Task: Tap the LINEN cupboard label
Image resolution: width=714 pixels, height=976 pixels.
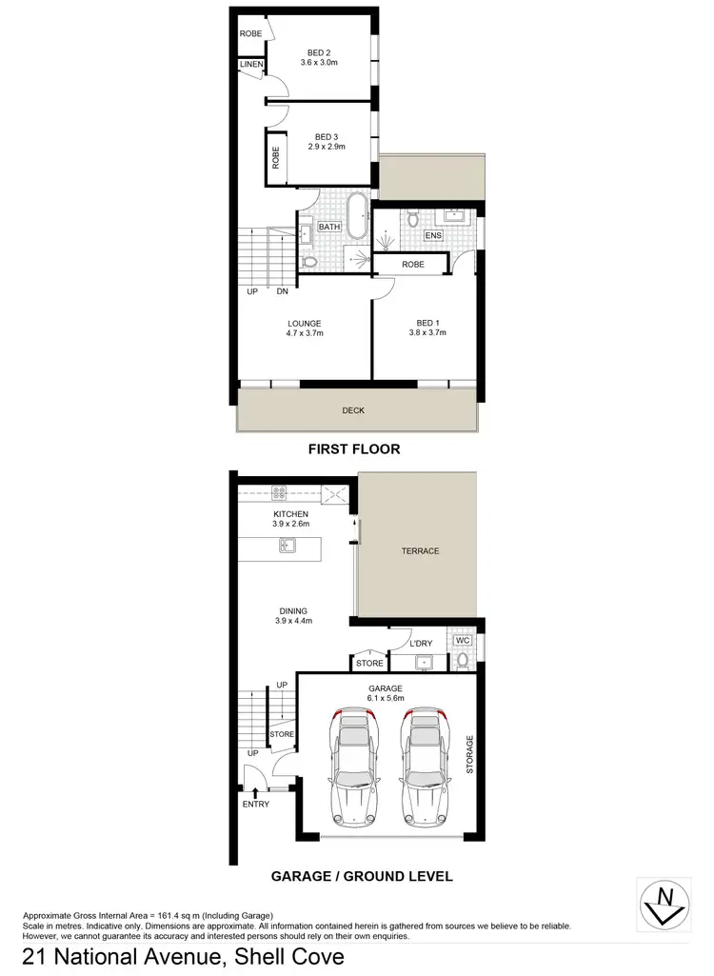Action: click(251, 65)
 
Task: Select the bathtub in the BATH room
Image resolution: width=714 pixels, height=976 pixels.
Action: click(356, 218)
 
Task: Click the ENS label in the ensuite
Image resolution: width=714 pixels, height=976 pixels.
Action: click(433, 234)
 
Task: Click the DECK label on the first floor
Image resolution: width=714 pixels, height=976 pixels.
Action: click(353, 410)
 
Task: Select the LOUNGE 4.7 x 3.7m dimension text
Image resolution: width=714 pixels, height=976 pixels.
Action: click(305, 334)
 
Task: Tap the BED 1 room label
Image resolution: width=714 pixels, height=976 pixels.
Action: click(426, 323)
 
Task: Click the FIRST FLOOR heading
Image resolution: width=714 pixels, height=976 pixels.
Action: click(353, 448)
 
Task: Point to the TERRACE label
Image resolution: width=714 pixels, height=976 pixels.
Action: click(419, 550)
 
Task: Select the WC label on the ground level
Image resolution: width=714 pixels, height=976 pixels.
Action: click(463, 640)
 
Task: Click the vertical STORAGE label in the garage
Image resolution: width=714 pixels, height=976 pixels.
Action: click(469, 753)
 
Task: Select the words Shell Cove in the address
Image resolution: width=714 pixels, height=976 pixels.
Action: click(285, 958)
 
